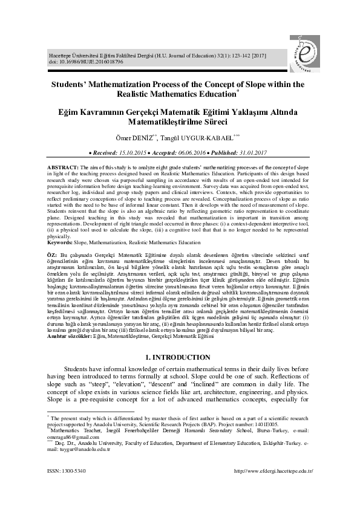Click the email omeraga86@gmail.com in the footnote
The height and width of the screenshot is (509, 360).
(70, 436)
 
